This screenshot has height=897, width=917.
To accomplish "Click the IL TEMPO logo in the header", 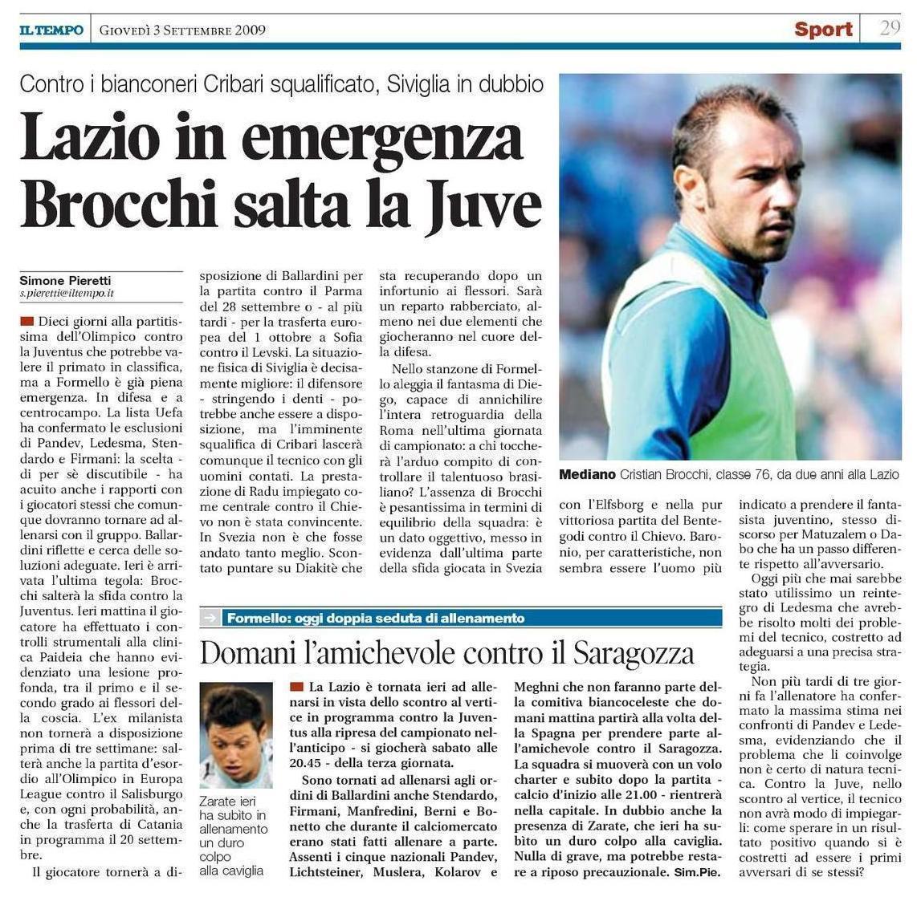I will pyautogui.click(x=51, y=30).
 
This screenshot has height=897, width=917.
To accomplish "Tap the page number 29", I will pyautogui.click(x=890, y=28).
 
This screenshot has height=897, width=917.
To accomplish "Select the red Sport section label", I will pyautogui.click(x=823, y=30).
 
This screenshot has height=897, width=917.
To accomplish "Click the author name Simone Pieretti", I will pyautogui.click(x=66, y=280).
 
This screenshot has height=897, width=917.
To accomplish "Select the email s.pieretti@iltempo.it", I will pyautogui.click(x=67, y=294).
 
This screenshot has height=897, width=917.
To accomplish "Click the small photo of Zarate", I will pyautogui.click(x=236, y=736).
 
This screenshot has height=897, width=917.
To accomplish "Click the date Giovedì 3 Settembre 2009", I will pyautogui.click(x=182, y=30).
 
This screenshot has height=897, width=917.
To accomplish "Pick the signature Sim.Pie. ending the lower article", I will pyautogui.click(x=698, y=871).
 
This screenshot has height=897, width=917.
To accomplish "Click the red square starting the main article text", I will pyautogui.click(x=27, y=321).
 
